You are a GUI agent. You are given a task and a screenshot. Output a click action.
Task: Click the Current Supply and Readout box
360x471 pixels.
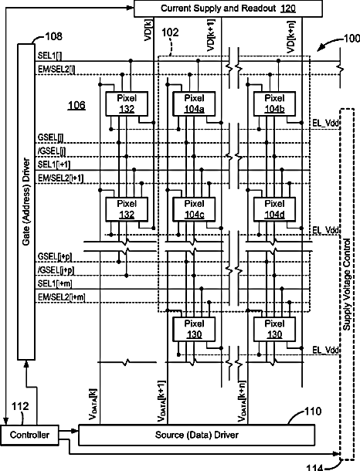(228, 8)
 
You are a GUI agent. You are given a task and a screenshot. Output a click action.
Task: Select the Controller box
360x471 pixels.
(29, 435)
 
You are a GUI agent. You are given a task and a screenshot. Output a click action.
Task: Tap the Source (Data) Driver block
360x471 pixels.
(197, 435)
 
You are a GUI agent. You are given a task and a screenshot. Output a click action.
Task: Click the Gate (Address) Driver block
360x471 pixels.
(26, 202)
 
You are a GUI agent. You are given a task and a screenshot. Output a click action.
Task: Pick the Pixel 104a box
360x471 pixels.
(194, 103)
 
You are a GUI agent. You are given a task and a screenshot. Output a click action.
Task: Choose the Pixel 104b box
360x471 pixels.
(274, 103)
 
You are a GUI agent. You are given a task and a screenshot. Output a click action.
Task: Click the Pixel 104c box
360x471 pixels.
(194, 209)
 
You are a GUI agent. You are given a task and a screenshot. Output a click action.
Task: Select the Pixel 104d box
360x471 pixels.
(274, 209)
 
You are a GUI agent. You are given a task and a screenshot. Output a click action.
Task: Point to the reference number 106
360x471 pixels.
(76, 105)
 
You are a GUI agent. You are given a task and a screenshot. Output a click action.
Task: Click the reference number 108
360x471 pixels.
(54, 36)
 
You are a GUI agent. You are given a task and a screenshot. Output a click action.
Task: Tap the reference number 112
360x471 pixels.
(20, 406)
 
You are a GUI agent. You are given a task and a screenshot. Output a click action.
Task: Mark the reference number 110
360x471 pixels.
(313, 411)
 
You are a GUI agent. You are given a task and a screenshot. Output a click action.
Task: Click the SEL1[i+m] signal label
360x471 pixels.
(55, 283)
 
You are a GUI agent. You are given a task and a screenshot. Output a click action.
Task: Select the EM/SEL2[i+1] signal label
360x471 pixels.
(61, 178)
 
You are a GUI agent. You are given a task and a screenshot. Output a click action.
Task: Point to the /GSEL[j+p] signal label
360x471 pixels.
(56, 270)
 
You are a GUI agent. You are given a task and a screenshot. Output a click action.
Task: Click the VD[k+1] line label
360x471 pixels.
(211, 36)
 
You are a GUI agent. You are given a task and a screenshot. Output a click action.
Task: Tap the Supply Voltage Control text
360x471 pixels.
(347, 284)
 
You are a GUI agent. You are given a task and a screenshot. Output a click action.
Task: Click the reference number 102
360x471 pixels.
(170, 32)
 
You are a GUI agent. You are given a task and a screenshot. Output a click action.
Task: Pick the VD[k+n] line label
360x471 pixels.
(291, 37)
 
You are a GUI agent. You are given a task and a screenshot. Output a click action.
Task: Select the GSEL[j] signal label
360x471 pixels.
(51, 137)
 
